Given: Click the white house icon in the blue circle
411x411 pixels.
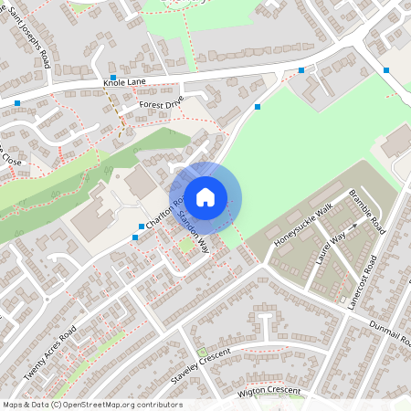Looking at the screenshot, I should (205, 196).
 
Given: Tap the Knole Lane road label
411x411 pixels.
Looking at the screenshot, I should (126, 83).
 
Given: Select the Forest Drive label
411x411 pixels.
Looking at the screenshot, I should (162, 104).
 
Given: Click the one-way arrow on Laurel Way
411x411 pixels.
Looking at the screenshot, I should (354, 224).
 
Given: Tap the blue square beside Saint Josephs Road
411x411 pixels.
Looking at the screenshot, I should (112, 78).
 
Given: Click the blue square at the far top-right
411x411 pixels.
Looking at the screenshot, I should (386, 70).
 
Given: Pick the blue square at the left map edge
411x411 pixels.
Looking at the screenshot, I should (17, 103).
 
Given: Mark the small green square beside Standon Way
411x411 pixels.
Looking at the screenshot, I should (187, 245).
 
